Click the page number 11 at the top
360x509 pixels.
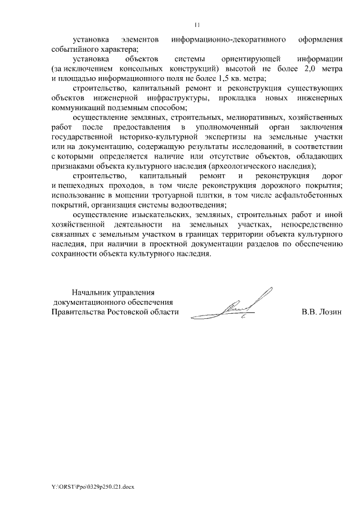pyautogui.click(x=197, y=24)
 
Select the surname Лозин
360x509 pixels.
pyautogui.click(x=331, y=312)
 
